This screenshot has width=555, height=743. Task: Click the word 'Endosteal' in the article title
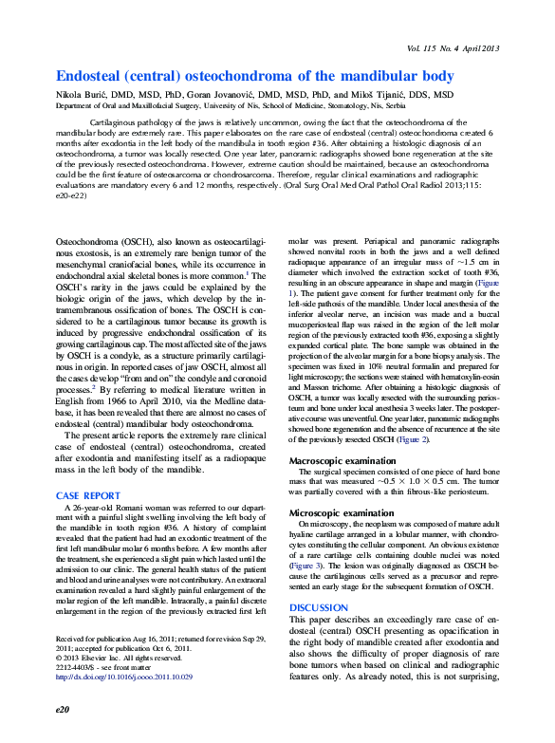pos(92,76)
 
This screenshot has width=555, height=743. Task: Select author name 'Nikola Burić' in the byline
pos(85,96)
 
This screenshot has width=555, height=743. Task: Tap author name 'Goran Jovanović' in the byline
pos(241,96)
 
